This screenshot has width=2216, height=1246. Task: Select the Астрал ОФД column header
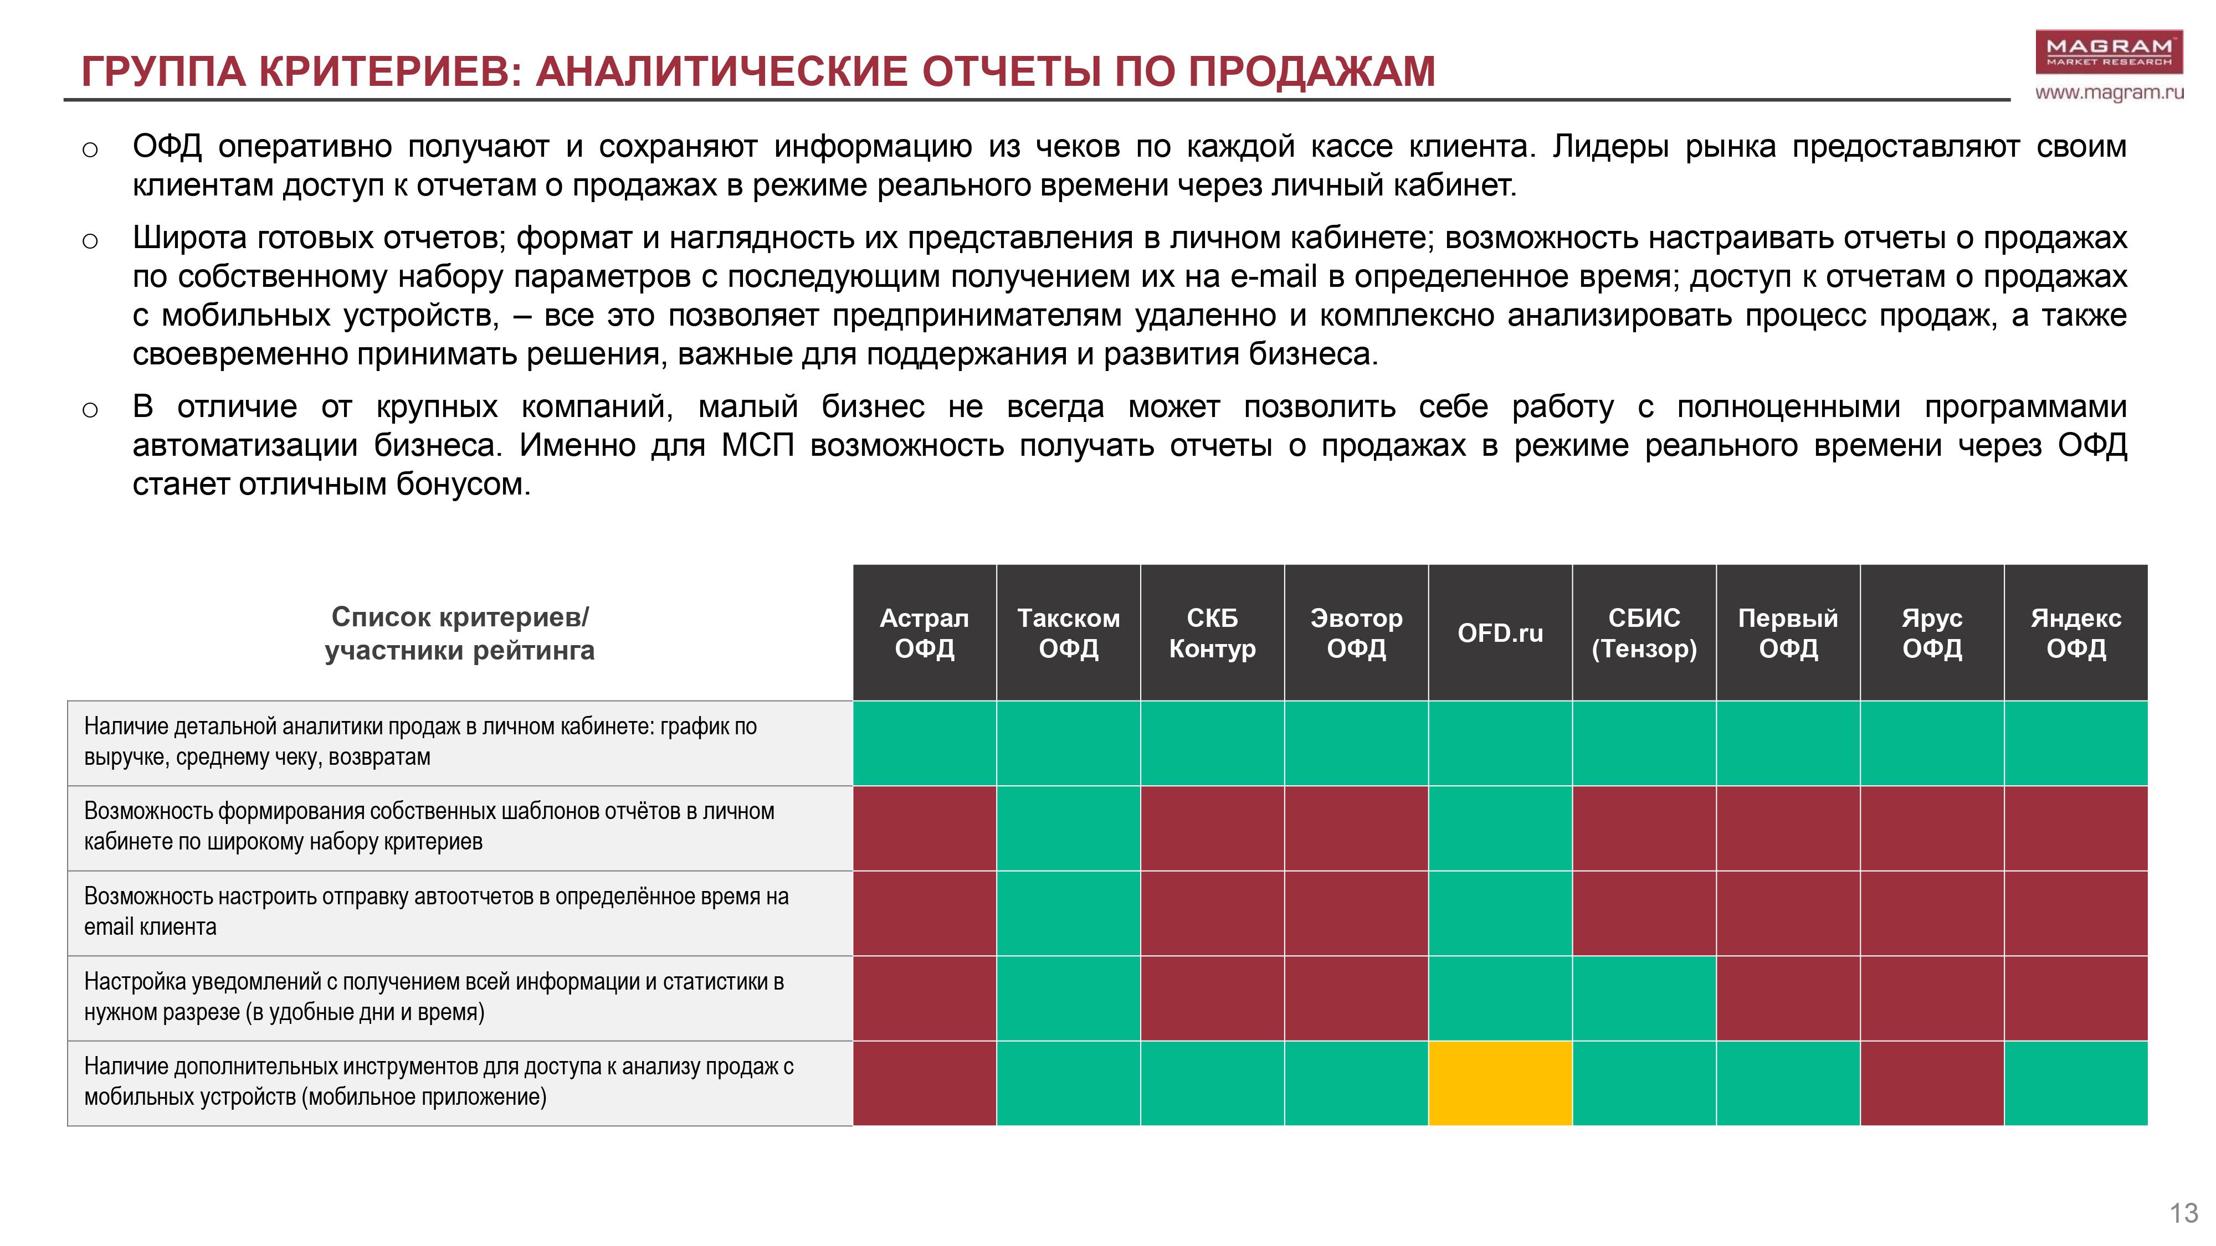click(x=924, y=633)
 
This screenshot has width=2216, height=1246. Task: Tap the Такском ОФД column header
click(x=1069, y=633)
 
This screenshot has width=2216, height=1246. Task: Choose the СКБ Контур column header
click(x=1212, y=633)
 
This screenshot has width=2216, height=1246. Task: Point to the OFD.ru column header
click(x=1500, y=633)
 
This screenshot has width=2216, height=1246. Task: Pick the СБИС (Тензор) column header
click(x=1644, y=633)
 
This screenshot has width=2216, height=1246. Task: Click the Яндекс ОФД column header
click(x=2076, y=633)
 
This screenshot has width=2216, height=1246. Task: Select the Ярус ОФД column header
click(x=1932, y=633)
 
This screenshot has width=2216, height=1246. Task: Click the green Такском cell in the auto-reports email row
click(x=1069, y=913)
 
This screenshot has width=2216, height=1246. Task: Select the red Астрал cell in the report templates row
click(x=924, y=828)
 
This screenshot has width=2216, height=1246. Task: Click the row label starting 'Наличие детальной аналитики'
click(x=420, y=742)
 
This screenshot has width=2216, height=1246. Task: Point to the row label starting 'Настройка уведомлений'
click(x=434, y=997)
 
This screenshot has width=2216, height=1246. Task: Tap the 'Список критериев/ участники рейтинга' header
click(x=459, y=633)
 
